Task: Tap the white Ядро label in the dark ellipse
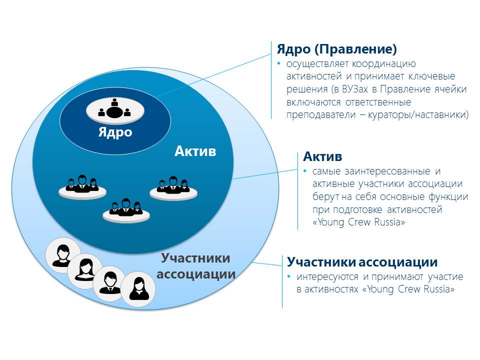(x=115, y=132)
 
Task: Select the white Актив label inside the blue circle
(x=195, y=150)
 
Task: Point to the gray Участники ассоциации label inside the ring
(x=196, y=266)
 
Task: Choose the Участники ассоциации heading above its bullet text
(x=362, y=262)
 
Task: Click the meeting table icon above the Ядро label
(x=114, y=109)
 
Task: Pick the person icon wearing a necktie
(x=109, y=282)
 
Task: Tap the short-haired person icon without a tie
(x=63, y=255)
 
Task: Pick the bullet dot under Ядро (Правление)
(x=279, y=64)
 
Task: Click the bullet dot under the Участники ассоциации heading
(x=289, y=277)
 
